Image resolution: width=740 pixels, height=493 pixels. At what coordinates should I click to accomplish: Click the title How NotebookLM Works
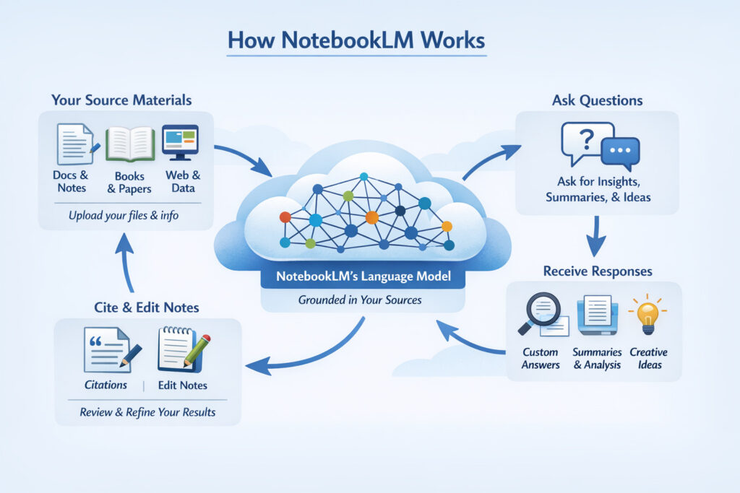pyautogui.click(x=357, y=40)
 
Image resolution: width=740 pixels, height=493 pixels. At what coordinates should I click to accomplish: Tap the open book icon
pyautogui.click(x=130, y=144)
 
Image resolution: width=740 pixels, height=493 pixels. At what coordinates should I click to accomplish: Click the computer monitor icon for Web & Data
pyautogui.click(x=180, y=142)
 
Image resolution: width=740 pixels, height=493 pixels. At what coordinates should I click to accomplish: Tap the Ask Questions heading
pyautogui.click(x=597, y=100)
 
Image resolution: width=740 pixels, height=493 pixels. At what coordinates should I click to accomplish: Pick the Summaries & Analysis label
pyautogui.click(x=597, y=358)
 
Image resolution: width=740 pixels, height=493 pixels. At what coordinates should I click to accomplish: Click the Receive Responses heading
pyautogui.click(x=598, y=271)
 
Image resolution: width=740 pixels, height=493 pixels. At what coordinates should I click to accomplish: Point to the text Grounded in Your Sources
pyautogui.click(x=361, y=300)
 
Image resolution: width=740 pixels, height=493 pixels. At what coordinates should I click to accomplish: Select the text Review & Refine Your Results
pyautogui.click(x=147, y=412)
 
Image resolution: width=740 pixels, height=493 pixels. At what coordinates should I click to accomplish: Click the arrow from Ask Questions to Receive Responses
pyautogui.click(x=595, y=235)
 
